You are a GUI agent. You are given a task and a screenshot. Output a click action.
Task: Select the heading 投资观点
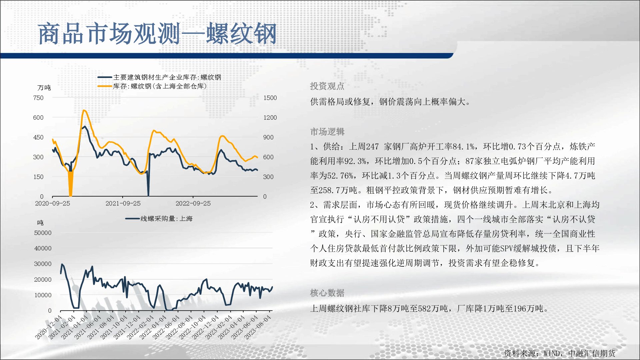tap(327, 86)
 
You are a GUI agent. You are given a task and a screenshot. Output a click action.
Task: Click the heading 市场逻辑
tap(327, 132)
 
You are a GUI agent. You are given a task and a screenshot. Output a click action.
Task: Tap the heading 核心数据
tap(327, 293)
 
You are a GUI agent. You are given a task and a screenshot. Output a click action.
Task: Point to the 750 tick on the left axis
tap(38, 98)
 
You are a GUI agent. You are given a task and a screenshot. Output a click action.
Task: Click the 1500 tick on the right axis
tap(270, 98)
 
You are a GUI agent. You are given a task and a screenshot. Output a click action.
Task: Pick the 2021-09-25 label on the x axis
tap(123, 203)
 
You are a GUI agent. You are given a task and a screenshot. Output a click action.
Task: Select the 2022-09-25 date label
tap(193, 203)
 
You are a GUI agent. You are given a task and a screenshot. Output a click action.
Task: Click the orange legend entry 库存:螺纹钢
tap(152, 86)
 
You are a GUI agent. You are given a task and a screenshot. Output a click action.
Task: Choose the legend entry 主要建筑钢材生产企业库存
tap(159, 77)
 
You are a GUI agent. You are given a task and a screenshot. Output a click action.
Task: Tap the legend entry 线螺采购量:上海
tap(159, 219)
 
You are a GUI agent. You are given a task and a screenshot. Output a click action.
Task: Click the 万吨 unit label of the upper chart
tap(44, 88)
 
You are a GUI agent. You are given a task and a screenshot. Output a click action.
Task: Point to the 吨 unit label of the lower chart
tap(40, 223)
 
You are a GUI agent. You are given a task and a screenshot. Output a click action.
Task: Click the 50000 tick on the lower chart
tap(43, 233)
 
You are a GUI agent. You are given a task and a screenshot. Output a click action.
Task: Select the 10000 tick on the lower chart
tap(43, 295)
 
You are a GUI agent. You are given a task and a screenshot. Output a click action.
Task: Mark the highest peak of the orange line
tap(84, 110)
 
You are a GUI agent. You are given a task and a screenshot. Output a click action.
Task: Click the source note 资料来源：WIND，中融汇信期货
tap(560, 353)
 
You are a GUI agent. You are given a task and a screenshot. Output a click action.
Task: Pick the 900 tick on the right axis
tap(268, 137)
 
